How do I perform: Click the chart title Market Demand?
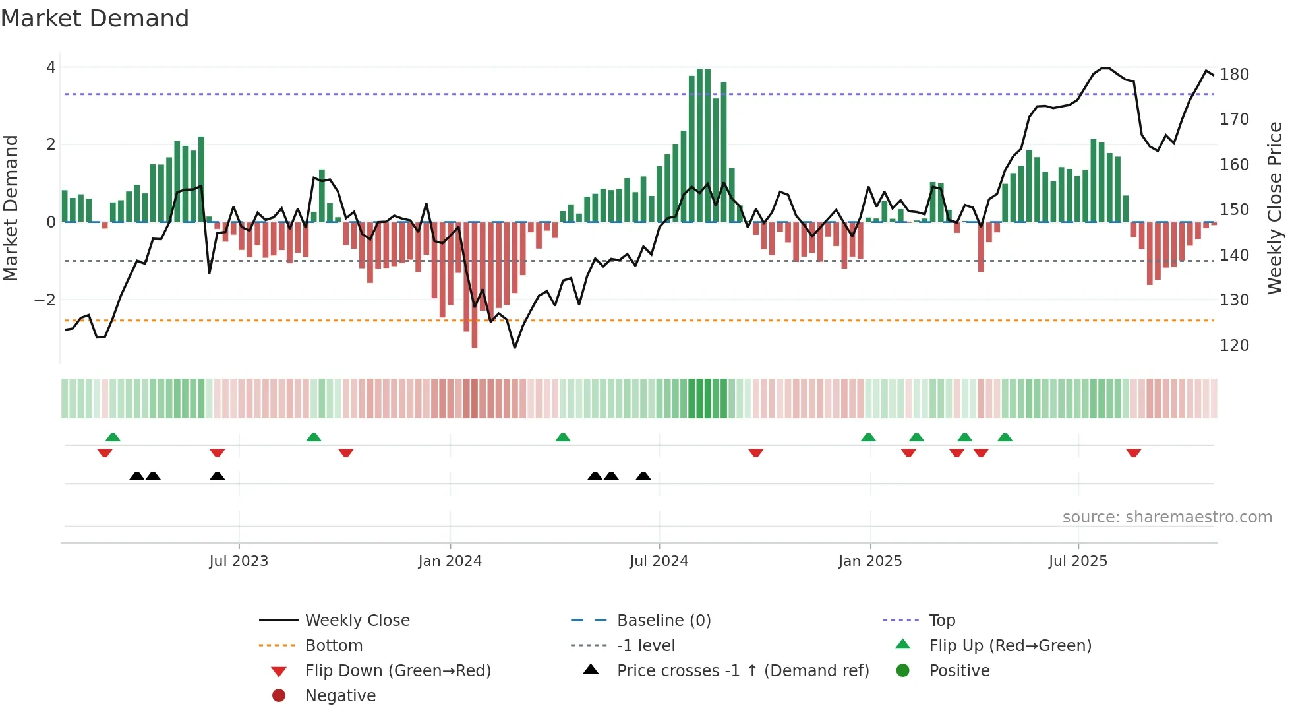click(x=95, y=18)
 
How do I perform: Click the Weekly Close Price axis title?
click(x=1275, y=208)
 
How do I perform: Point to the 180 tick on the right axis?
click(x=1234, y=75)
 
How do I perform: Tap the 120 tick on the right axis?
click(x=1234, y=346)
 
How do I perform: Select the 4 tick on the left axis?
click(x=51, y=67)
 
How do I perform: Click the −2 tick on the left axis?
click(x=45, y=300)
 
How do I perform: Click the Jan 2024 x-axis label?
click(x=450, y=561)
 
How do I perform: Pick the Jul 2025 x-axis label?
click(x=1078, y=561)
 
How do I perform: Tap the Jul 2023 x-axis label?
click(x=239, y=561)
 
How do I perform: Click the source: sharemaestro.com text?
click(x=1167, y=517)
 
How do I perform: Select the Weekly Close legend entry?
click(x=357, y=621)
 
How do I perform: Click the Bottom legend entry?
click(x=334, y=646)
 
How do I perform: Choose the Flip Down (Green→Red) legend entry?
click(x=397, y=671)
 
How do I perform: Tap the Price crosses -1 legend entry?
click(x=742, y=671)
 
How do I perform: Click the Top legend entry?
click(x=941, y=621)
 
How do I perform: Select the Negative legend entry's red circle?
click(x=279, y=696)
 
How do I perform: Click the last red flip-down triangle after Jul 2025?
click(x=1133, y=453)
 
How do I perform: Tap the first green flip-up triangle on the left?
click(x=113, y=437)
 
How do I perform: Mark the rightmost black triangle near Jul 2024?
click(x=643, y=476)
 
